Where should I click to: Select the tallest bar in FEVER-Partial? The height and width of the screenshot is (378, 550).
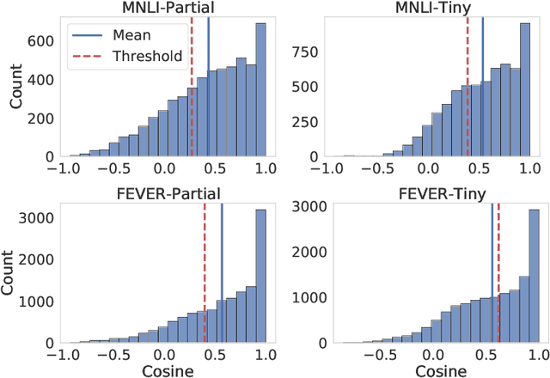pos(260,275)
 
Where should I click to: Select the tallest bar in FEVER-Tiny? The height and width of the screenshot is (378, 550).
pos(534,275)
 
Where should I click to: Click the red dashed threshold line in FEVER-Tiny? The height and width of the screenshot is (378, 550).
pos(498,275)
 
